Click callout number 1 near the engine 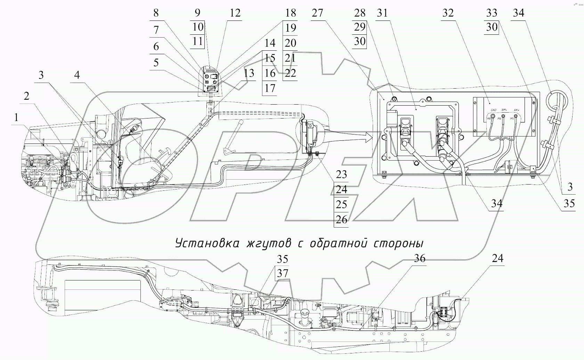pos(15,118)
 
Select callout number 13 pos(249,73)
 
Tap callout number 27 pos(317,13)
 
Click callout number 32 pos(448,13)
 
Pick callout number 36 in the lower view pos(420,259)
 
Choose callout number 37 pos(283,273)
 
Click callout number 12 pos(235,13)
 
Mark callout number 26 pos(341,220)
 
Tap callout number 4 pos(77,75)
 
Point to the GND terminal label pos(493,110)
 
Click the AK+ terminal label pos(516,110)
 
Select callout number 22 pos(290,73)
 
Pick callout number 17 pos(270,88)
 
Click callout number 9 pos(197,13)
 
